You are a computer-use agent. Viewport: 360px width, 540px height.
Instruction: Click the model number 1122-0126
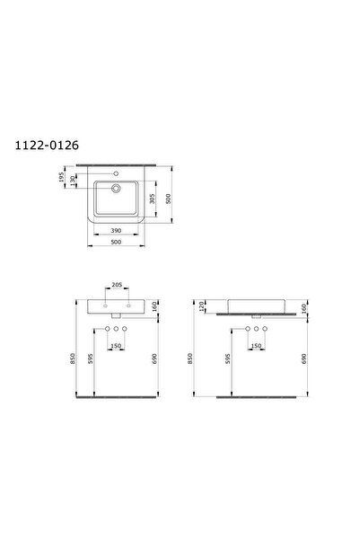pyautogui.click(x=47, y=146)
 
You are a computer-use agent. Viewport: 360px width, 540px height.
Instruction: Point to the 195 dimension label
pyautogui.click(x=62, y=177)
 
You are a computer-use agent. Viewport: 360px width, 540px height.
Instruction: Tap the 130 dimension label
pyautogui.click(x=72, y=181)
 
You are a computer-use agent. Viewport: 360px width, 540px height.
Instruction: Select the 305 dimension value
pyautogui.click(x=152, y=199)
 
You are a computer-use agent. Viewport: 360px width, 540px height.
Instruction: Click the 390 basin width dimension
pyautogui.click(x=117, y=230)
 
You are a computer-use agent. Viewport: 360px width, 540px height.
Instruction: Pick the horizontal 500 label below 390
pyautogui.click(x=117, y=242)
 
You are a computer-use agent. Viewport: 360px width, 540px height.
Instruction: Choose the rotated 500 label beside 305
pyautogui.click(x=168, y=199)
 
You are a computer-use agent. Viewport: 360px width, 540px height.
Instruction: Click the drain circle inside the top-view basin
pyautogui.click(x=116, y=188)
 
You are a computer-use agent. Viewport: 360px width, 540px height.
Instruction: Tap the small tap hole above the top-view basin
pyautogui.click(x=116, y=173)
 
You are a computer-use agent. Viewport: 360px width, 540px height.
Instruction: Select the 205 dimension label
pyautogui.click(x=117, y=285)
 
